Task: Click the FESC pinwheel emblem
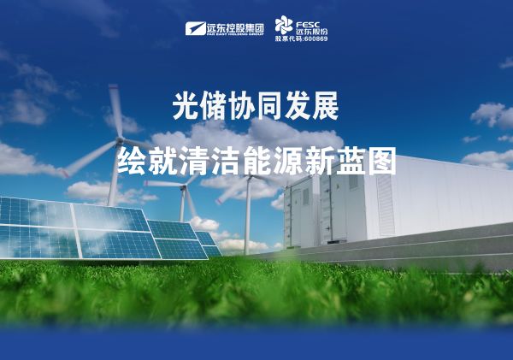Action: [x=284, y=25]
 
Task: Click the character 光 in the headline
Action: [x=184, y=108]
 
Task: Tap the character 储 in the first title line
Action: [x=214, y=108]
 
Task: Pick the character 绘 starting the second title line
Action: [x=132, y=161]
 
